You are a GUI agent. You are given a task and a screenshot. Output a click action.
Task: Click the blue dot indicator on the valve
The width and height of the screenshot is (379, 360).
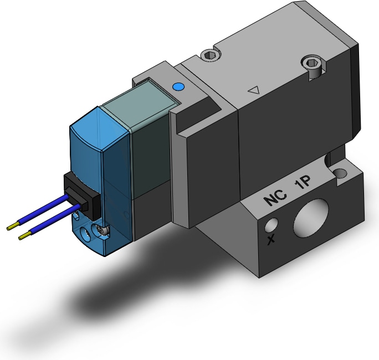tap(178, 87)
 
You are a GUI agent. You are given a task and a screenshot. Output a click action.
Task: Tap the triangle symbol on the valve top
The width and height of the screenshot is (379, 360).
tap(254, 91)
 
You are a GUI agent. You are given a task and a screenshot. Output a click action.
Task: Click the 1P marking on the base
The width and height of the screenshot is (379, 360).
tap(303, 183)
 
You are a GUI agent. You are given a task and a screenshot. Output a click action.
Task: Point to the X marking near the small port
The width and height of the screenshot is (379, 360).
tap(271, 239)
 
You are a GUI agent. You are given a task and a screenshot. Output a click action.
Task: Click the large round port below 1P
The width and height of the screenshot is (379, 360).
tap(311, 218)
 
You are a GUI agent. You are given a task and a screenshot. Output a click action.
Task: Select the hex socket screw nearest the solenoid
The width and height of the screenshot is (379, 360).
tap(209, 55)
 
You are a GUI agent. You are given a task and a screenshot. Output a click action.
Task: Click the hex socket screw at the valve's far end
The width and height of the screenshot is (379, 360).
tap(312, 63)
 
